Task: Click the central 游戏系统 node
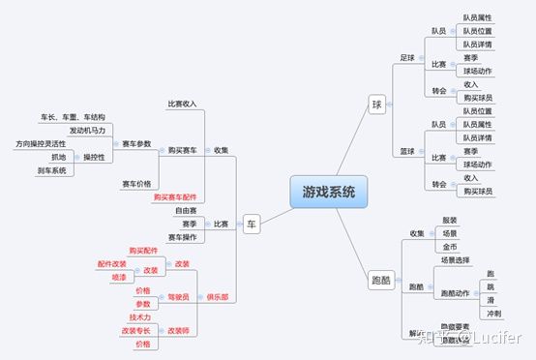329,192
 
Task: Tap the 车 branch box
253,224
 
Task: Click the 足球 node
408,57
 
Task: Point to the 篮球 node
408,151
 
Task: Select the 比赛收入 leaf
182,104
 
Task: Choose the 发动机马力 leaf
90,130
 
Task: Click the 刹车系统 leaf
52,171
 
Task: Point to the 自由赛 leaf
187,210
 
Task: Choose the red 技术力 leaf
140,317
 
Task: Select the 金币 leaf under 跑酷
451,247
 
